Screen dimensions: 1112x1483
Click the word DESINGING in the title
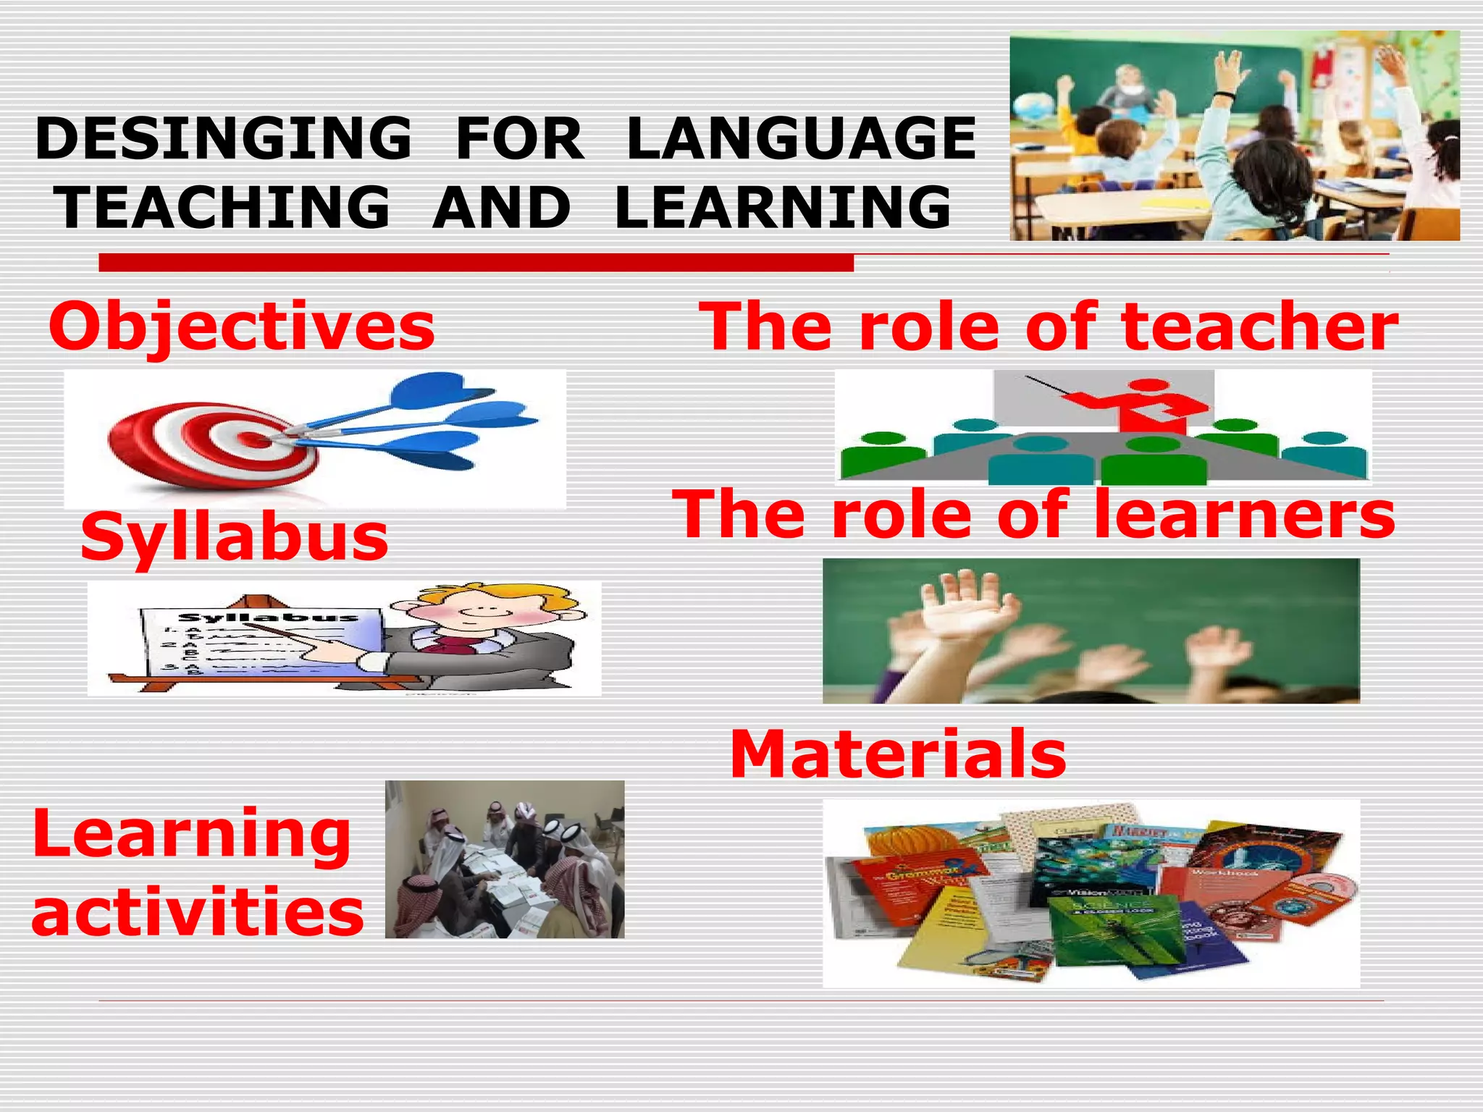[223, 138]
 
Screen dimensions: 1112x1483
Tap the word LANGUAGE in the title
[802, 138]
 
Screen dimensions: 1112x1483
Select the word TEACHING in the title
[224, 207]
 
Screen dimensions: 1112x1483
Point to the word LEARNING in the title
[783, 207]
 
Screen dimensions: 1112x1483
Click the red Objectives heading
[242, 327]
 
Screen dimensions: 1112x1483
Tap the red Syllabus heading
[235, 537]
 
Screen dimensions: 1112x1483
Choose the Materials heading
[898, 754]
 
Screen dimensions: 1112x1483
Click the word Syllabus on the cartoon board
[269, 618]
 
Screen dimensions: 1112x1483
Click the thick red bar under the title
[476, 263]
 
